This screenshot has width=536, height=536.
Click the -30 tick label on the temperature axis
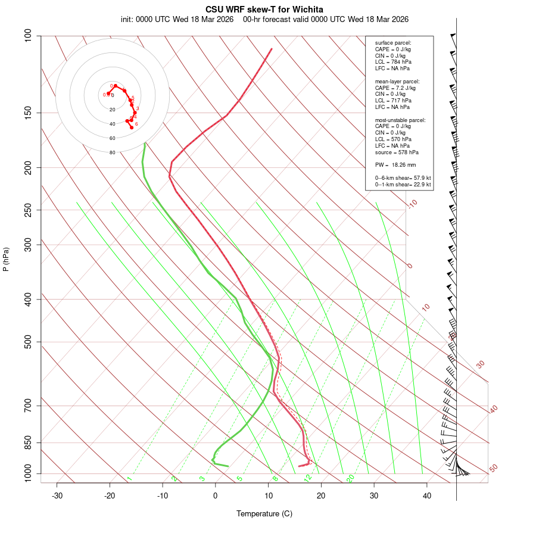(57, 496)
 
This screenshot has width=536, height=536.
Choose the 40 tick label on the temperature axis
(427, 496)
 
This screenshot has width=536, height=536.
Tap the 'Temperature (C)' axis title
(264, 513)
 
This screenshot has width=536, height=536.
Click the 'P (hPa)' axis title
(6, 260)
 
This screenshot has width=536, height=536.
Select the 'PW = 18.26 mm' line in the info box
(395, 164)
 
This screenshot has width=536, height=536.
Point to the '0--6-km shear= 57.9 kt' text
(403, 178)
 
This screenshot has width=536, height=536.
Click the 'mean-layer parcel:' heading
(397, 81)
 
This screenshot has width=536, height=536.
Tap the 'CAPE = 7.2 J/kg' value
(395, 88)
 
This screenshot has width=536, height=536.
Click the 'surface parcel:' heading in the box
(393, 43)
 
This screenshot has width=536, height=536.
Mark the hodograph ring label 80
(112, 152)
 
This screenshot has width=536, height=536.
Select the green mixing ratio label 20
(351, 478)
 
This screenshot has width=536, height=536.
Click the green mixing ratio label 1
(129, 478)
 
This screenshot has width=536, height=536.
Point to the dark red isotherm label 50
(493, 469)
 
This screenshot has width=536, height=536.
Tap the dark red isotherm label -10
(413, 204)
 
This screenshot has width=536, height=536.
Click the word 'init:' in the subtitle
(127, 19)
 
